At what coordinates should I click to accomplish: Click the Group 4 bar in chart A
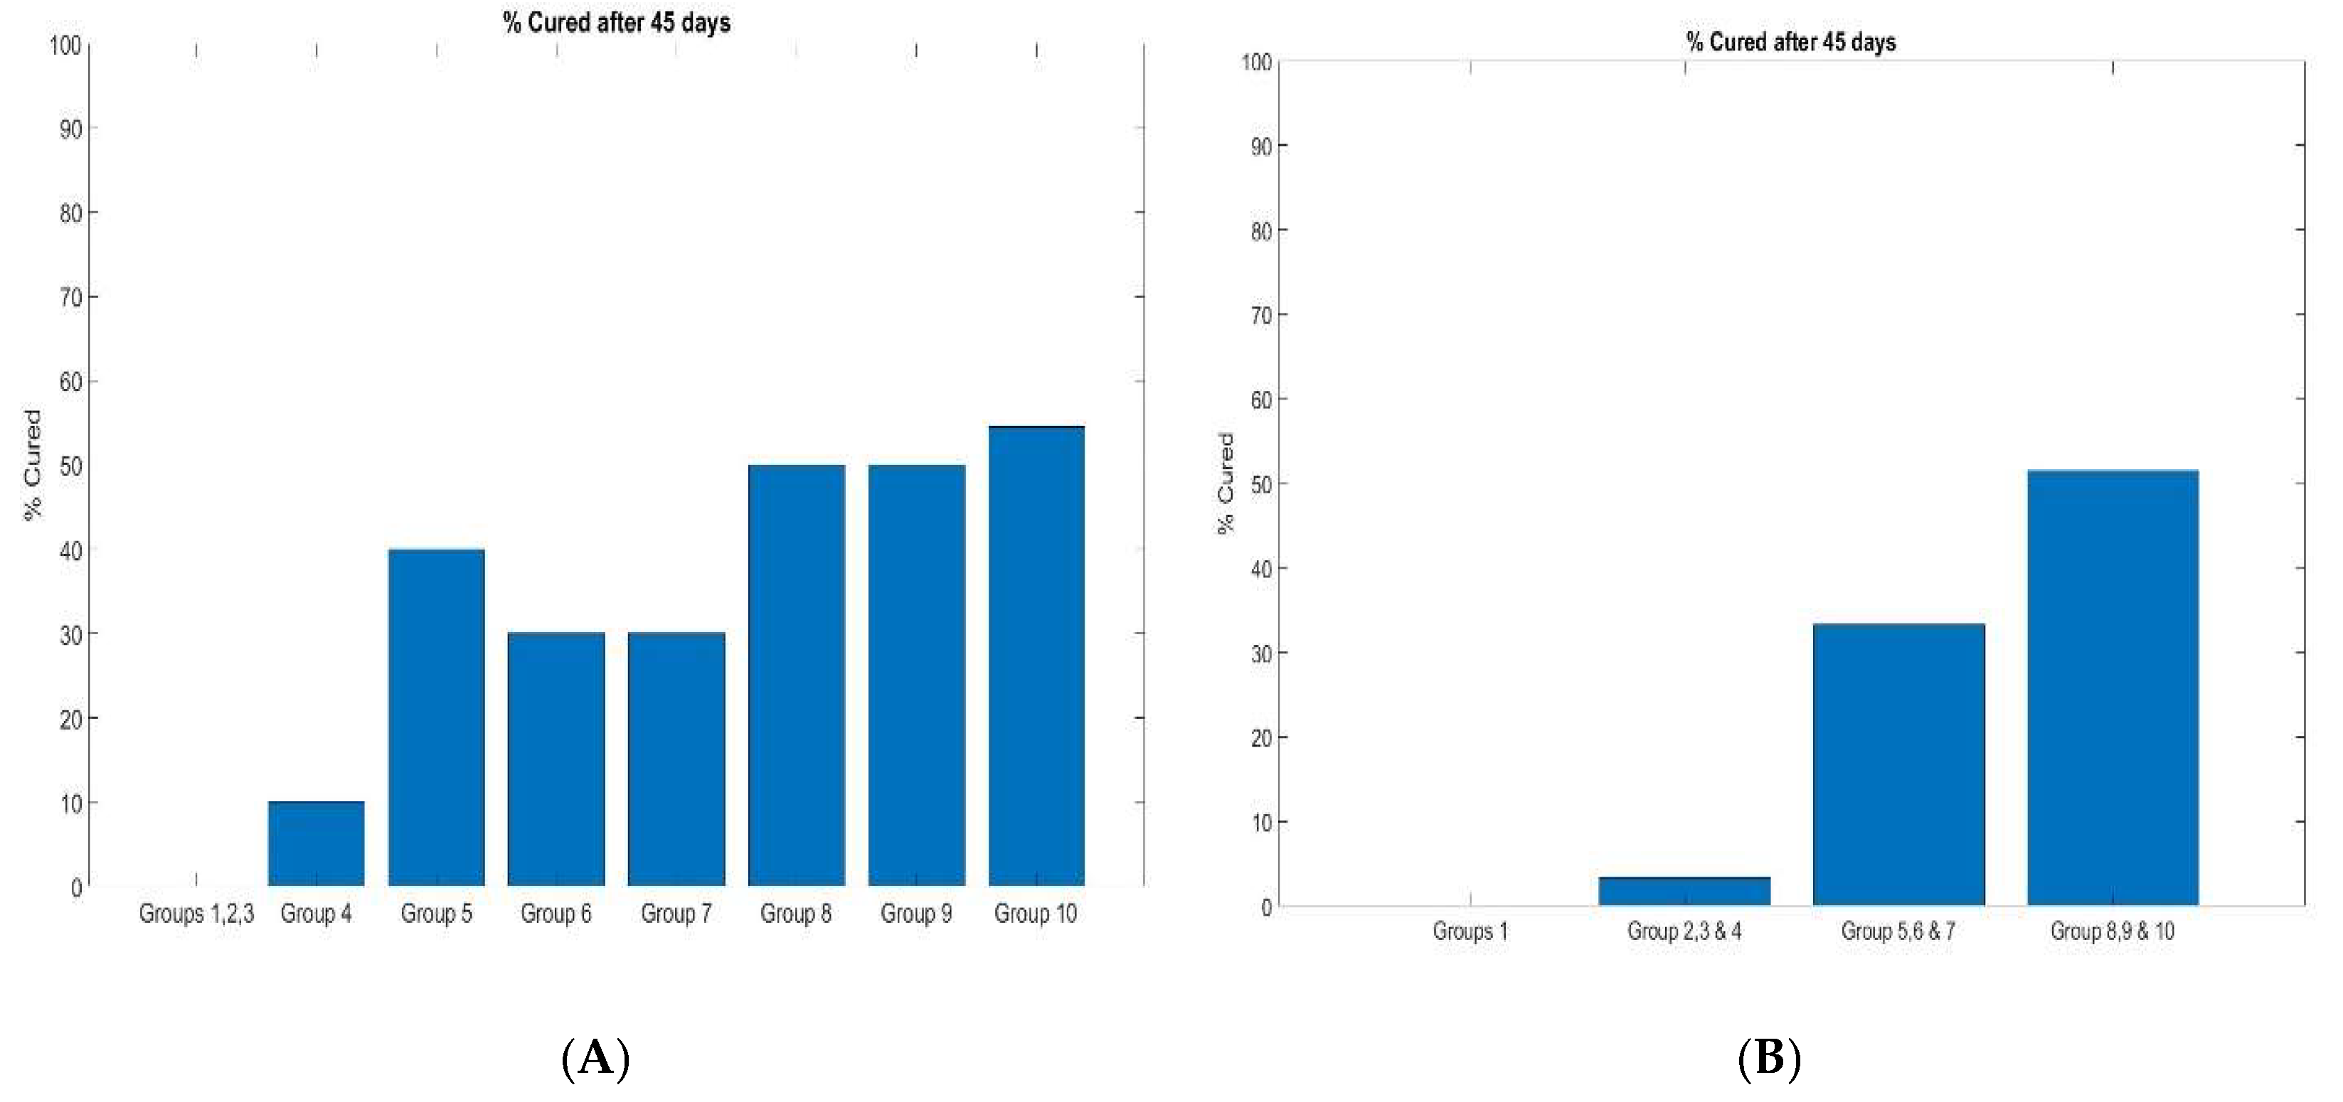316,844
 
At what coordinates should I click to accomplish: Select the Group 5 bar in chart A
437,717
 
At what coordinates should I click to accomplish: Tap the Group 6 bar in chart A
557,759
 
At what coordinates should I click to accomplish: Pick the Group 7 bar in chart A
676,759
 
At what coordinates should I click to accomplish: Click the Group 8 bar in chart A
797,675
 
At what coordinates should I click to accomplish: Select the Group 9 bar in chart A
917,675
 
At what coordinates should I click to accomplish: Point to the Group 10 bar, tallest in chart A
1037,656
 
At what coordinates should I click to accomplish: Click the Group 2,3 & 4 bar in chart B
1684,892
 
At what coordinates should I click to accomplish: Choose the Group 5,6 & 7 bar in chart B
1898,765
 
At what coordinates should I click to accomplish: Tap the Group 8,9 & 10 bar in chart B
2112,688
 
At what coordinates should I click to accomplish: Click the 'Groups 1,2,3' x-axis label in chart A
196,914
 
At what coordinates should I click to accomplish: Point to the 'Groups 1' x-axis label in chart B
1470,932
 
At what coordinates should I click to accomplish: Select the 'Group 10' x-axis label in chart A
1035,914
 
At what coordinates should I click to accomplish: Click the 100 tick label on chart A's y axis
65,46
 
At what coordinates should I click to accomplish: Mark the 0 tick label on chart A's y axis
76,888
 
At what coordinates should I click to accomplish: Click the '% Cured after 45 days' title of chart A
617,23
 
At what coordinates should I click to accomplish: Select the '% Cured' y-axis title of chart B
1226,483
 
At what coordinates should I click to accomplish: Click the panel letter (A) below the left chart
596,1059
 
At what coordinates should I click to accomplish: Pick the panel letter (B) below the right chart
1769,1059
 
